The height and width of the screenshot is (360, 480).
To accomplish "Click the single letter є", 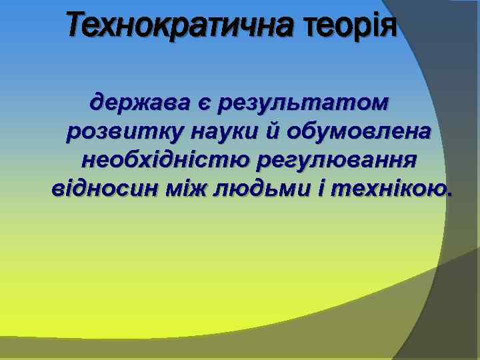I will [202, 104].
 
